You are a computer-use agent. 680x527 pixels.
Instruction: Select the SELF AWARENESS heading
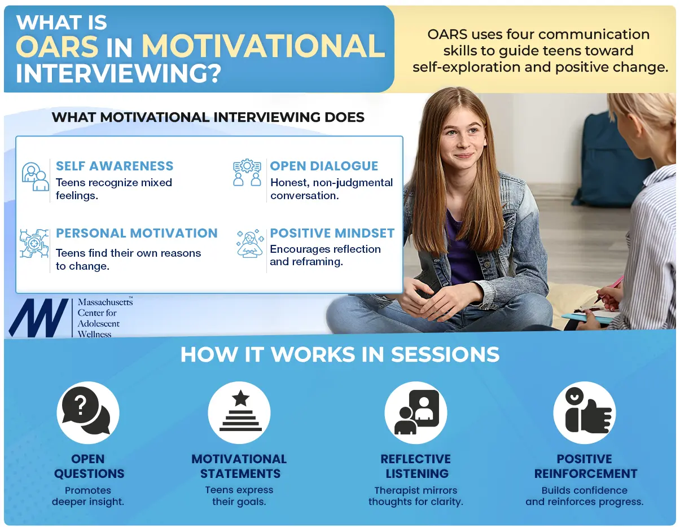pyautogui.click(x=115, y=166)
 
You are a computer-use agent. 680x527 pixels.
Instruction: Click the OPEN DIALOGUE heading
pyautogui.click(x=324, y=166)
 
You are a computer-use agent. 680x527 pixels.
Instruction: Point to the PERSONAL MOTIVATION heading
pyautogui.click(x=137, y=233)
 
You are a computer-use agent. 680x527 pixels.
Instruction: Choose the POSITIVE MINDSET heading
pyautogui.click(x=332, y=233)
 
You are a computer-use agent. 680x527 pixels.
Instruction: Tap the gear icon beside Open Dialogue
pyautogui.click(x=248, y=173)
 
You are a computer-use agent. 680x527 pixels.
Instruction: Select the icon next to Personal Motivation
pyautogui.click(x=34, y=244)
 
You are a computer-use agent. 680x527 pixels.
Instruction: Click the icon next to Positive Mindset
pyautogui.click(x=250, y=244)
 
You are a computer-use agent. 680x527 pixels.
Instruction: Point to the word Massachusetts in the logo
pyautogui.click(x=105, y=302)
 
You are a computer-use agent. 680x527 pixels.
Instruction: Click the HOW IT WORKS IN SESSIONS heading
pyautogui.click(x=340, y=354)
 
